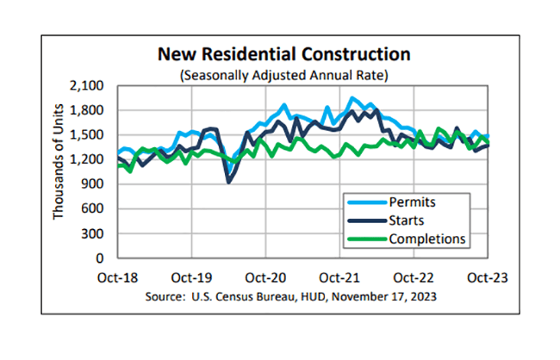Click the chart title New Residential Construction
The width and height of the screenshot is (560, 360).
point(283,55)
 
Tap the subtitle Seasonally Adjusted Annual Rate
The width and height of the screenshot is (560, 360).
point(283,76)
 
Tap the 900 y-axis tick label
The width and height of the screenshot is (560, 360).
point(92,184)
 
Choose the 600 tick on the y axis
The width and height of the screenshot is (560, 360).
point(92,208)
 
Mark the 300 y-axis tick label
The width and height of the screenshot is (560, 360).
point(92,233)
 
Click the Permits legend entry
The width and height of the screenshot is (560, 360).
point(411,204)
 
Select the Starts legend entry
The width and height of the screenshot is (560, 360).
point(407,220)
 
